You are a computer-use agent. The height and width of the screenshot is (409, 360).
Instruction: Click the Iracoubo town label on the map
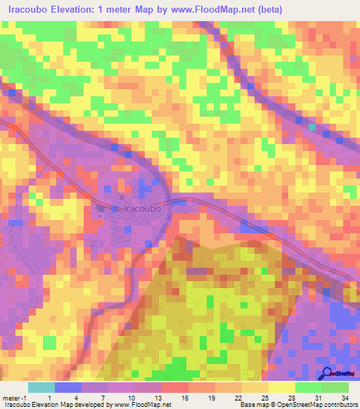pyautogui.click(x=143, y=209)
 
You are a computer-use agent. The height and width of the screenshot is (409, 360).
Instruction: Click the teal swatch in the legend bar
pyautogui.click(x=41, y=387)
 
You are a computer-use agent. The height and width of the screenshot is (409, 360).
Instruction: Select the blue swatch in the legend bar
pyautogui.click(x=68, y=387)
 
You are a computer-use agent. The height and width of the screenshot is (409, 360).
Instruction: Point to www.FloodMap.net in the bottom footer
pyautogui.click(x=144, y=404)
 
